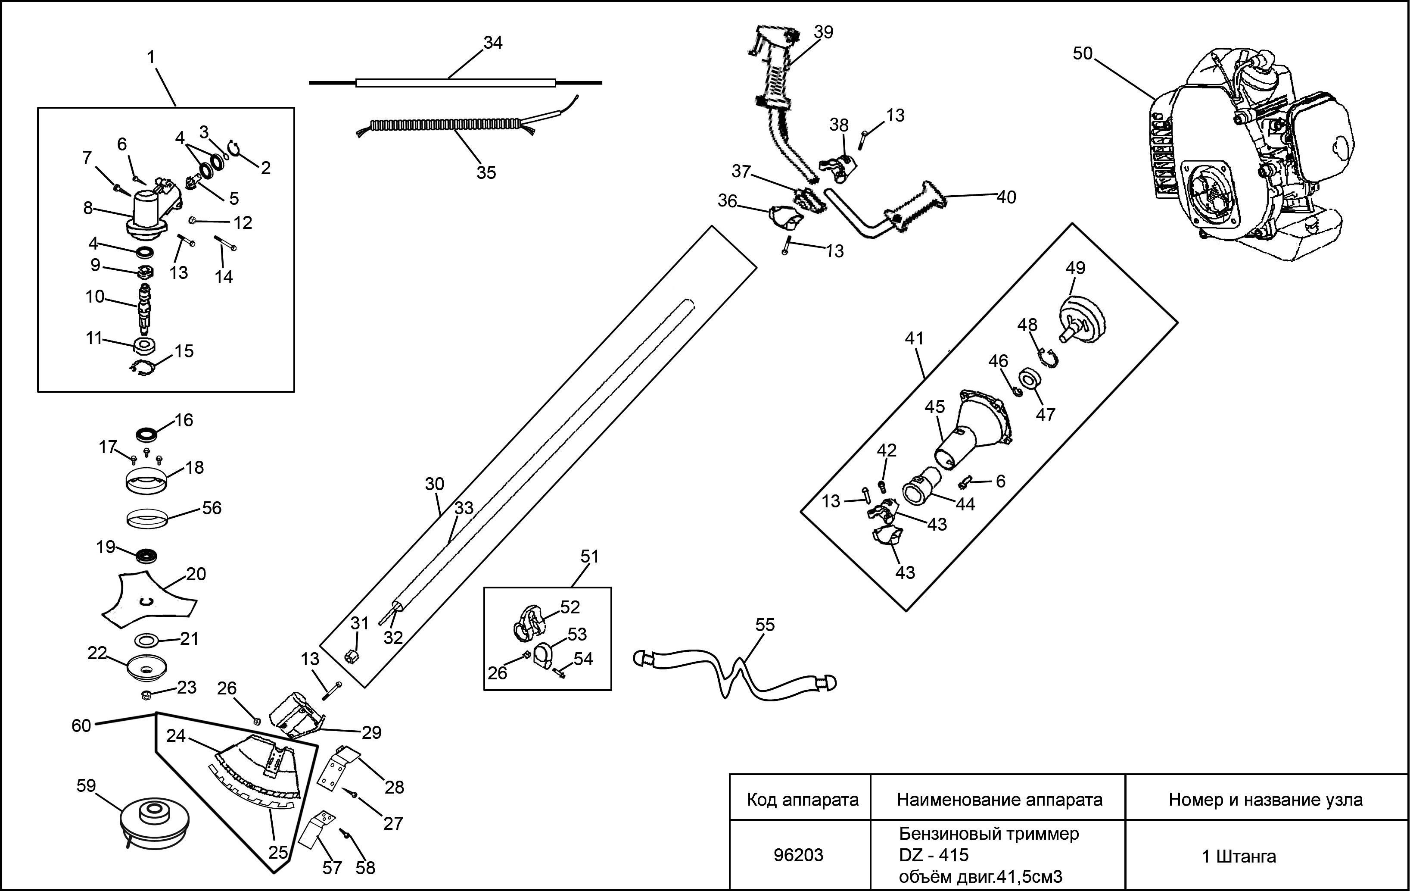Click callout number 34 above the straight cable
click(x=492, y=43)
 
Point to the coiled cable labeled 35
click(x=445, y=125)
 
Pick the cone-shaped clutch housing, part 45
click(x=975, y=431)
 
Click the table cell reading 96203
click(x=799, y=855)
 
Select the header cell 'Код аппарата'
click(x=802, y=800)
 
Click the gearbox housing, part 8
click(x=148, y=217)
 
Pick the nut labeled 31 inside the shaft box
click(x=352, y=656)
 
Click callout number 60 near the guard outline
click(x=81, y=726)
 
